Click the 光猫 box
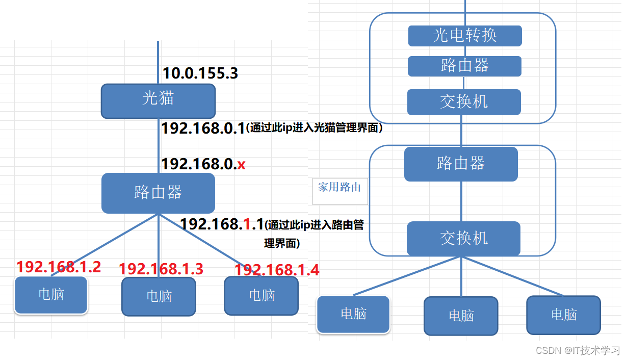pos(158,101)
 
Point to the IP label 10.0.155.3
pos(200,73)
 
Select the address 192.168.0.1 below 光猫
pos(203,128)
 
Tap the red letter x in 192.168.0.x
pos(242,164)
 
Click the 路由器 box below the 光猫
pos(158,193)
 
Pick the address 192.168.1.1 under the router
pos(222,224)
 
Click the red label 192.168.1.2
pos(58,267)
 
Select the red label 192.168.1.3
pos(161,269)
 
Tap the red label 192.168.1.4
pos(277,270)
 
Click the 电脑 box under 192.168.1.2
pos(51,295)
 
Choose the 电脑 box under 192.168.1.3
pos(159,296)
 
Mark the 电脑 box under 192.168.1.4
pos(262,295)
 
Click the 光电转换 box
pos(465,36)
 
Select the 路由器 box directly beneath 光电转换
pos(464,66)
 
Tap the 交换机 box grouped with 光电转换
pos(464,102)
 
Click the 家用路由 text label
pos(339,188)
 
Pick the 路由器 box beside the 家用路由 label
pos(461,164)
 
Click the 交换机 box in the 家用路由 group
pos(463,238)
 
